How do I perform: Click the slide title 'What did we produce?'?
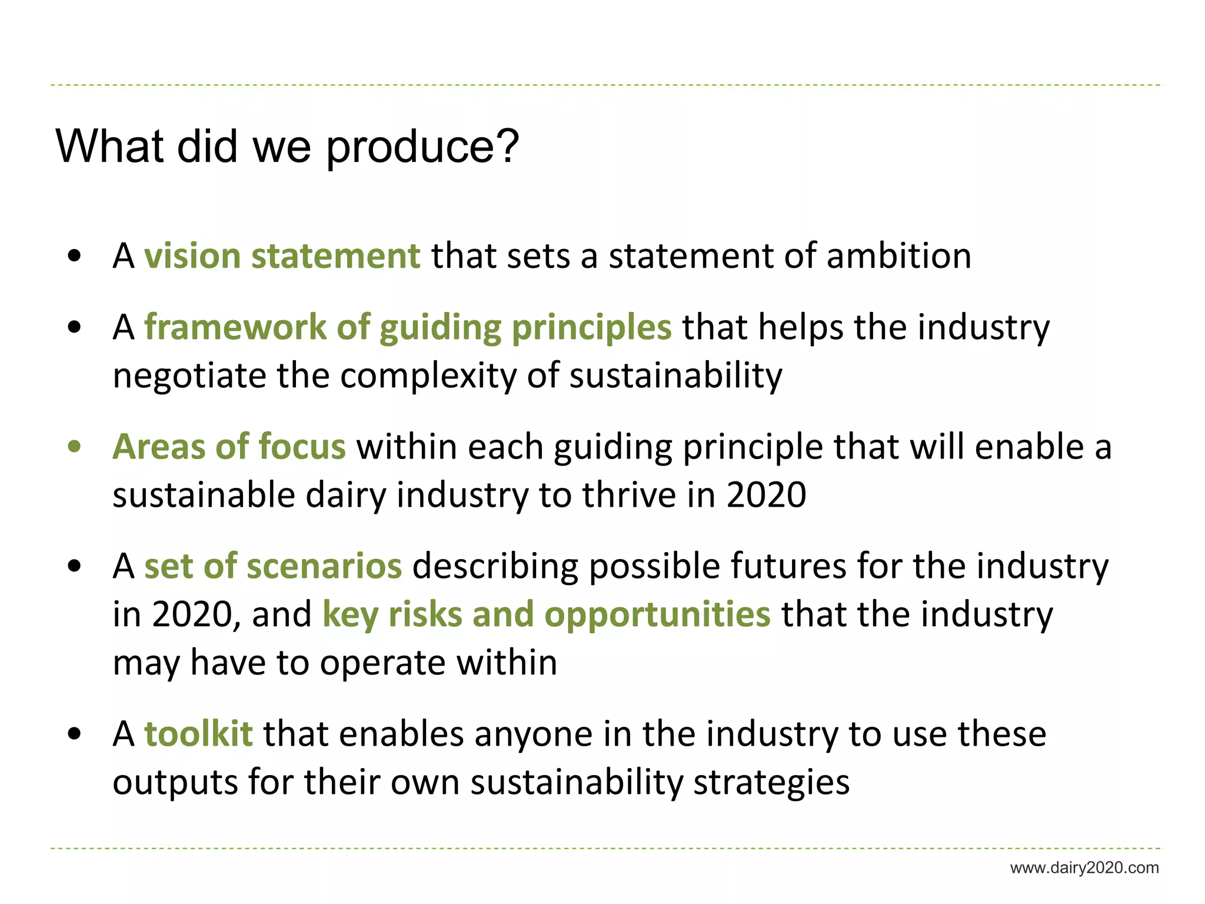[287, 146]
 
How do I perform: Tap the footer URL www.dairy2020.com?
[1084, 868]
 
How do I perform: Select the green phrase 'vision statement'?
[282, 256]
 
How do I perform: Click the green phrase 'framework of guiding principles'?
[408, 327]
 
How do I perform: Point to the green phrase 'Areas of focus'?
[229, 446]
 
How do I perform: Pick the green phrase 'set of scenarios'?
[273, 566]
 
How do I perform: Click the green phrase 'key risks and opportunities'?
[546, 614]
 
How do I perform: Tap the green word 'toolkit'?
[199, 734]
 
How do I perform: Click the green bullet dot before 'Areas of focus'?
[74, 447]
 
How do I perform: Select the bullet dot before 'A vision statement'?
[74, 256]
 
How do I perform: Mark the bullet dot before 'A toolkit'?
[74, 734]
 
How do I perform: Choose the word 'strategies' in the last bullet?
[771, 782]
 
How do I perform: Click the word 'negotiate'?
[189, 375]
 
